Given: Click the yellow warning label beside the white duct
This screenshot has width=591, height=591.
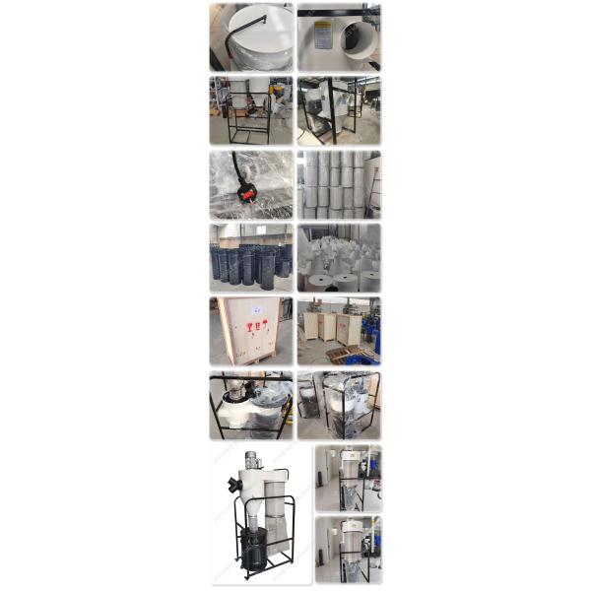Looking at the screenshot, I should tap(322, 35).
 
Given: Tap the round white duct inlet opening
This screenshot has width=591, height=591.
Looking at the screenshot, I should tap(353, 41).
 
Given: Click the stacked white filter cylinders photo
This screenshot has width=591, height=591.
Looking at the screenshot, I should tap(339, 184).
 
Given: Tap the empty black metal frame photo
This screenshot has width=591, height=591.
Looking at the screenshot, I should tap(250, 110).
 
